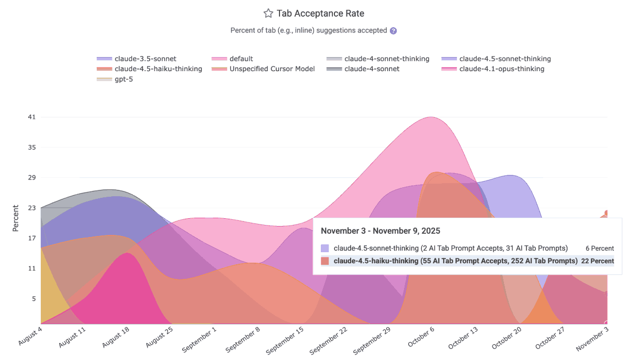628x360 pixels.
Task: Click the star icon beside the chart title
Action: [268, 14]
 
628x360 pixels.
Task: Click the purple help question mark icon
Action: [394, 31]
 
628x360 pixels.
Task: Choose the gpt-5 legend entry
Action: [124, 79]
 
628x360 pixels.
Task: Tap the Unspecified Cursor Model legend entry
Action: [272, 69]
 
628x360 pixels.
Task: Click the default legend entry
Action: [241, 59]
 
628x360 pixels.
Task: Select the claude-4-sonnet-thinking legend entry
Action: [387, 59]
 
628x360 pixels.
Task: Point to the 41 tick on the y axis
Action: [32, 117]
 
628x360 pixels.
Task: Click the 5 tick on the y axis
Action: [33, 299]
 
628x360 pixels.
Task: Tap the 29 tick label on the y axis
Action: [32, 178]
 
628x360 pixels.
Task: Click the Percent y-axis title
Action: [15, 218]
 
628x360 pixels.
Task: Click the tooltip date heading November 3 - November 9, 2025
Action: [380, 231]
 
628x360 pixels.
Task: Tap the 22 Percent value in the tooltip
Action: [597, 261]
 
